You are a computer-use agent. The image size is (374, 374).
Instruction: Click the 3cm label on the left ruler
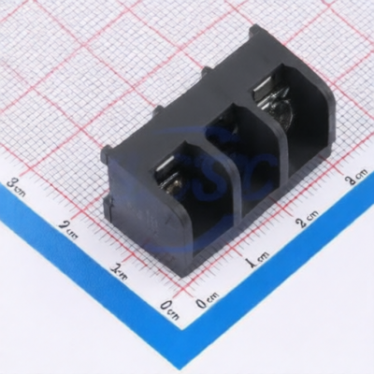coord(19,187)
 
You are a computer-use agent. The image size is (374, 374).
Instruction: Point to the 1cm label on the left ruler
coord(119,270)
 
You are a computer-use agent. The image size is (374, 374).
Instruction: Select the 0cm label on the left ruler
coord(170,309)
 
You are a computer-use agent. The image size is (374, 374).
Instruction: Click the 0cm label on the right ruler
coord(208,300)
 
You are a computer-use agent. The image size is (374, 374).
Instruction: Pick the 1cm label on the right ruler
coord(257,258)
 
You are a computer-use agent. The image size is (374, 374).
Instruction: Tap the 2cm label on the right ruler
coord(308,218)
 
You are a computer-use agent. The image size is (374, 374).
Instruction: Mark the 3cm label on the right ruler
coord(356,178)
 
